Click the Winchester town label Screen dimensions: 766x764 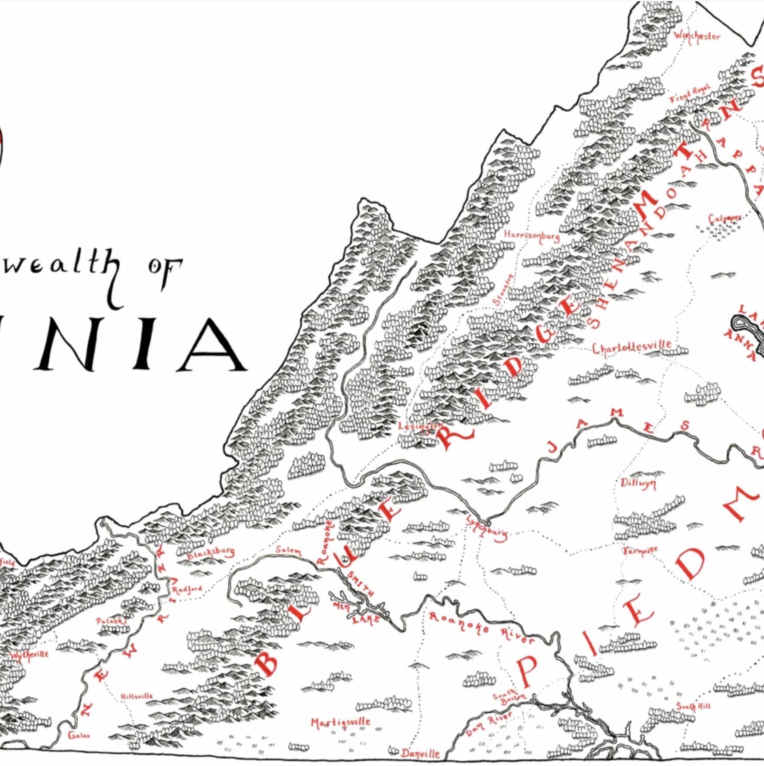tap(697, 36)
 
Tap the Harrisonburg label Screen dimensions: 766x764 tap(532, 235)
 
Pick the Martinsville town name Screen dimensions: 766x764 tap(340, 723)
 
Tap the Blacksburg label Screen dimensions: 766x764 tap(211, 553)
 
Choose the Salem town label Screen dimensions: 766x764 tap(288, 550)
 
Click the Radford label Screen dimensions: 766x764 tap(187, 590)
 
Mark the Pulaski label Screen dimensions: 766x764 tap(111, 621)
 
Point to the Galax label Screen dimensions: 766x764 tap(79, 735)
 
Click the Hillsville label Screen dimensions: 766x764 tap(137, 696)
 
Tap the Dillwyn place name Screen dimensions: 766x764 tap(638, 484)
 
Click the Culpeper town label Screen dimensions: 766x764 tap(724, 219)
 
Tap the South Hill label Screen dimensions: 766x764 tap(693, 706)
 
